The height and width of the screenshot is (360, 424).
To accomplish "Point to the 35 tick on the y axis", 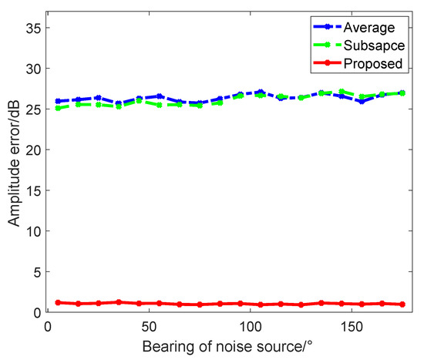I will [32, 28].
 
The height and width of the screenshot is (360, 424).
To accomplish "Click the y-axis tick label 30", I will [32, 69].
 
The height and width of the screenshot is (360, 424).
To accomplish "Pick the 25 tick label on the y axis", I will [32, 109].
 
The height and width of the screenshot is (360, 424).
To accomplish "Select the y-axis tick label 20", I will [32, 150].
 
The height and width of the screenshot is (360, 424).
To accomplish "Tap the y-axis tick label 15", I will [32, 190].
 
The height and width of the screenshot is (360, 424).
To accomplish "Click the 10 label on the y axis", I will [32, 230].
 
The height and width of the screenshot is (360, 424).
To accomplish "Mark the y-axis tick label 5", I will [35, 271].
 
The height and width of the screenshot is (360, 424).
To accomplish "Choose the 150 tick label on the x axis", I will [352, 323].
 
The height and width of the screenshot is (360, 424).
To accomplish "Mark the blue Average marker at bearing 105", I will [261, 92].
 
